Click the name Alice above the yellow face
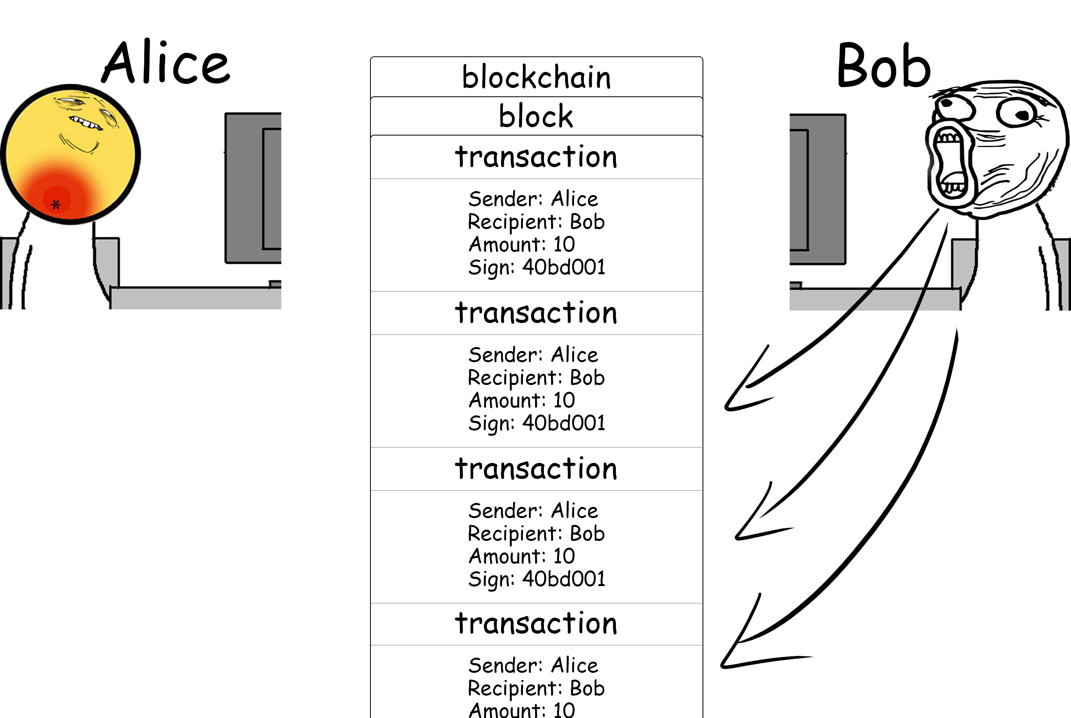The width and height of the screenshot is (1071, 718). click(x=166, y=63)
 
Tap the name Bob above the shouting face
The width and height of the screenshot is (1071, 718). click(x=883, y=66)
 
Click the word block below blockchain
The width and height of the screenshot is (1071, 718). click(x=536, y=116)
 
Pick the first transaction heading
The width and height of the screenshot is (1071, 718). click(x=536, y=157)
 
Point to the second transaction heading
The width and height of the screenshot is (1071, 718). click(x=536, y=313)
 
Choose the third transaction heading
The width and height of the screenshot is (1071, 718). click(x=536, y=469)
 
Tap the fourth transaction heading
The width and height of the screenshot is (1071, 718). click(x=536, y=623)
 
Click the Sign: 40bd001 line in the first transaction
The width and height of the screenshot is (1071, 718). click(x=536, y=267)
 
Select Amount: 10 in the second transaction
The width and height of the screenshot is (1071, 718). click(x=522, y=400)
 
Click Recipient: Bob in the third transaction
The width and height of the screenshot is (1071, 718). click(x=536, y=533)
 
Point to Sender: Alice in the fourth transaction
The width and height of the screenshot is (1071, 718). click(x=533, y=665)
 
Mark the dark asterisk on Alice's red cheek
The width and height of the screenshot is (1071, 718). click(x=56, y=204)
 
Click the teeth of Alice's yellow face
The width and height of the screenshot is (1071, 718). click(x=86, y=123)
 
